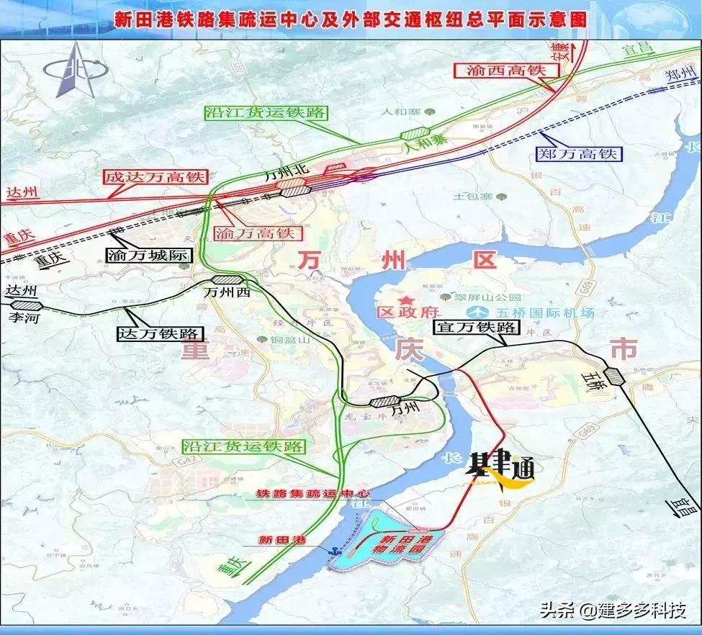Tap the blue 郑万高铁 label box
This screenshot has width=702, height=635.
tap(577, 153)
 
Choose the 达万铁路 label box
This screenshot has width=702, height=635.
tap(161, 333)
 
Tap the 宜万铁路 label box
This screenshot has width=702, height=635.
tap(476, 327)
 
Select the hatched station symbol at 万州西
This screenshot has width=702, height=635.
tap(228, 281)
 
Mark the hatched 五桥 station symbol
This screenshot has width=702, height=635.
tap(614, 376)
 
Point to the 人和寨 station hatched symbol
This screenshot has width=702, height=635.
tap(415, 133)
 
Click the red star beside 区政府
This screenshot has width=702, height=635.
tap(407, 300)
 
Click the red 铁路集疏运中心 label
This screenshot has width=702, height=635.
tap(313, 494)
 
